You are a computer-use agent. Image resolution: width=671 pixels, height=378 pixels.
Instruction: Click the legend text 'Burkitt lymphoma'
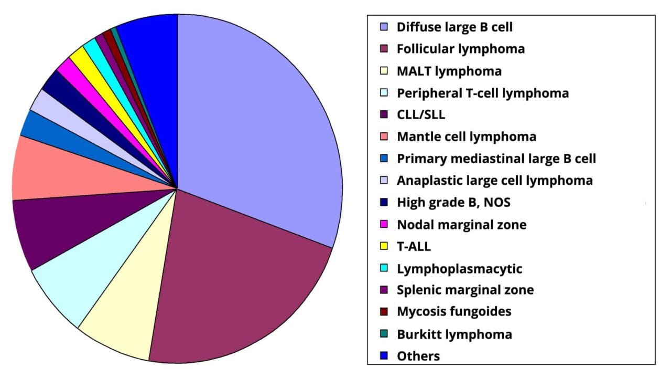[x=454, y=334]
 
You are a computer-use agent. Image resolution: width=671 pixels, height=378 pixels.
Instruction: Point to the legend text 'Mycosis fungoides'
[x=453, y=311]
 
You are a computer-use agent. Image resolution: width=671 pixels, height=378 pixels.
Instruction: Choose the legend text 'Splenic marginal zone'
[x=465, y=289]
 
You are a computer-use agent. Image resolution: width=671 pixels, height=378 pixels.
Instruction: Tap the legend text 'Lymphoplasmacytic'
[x=459, y=268]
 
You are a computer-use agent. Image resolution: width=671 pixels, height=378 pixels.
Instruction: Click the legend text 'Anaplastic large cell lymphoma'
[x=494, y=180]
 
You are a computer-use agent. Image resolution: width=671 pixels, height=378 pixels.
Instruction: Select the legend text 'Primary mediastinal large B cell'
[x=496, y=158]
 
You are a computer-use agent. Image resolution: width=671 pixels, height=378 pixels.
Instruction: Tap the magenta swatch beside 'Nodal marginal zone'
[x=385, y=225]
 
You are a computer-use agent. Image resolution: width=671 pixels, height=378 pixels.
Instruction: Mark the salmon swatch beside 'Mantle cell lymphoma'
[x=385, y=137]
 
